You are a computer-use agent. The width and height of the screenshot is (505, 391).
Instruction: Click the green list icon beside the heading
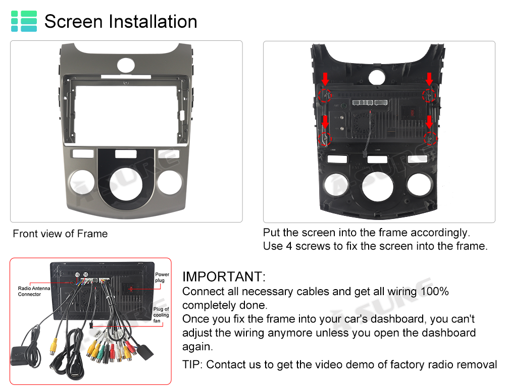coord(24,21)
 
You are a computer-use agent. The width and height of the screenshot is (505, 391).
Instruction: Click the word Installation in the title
coord(153,22)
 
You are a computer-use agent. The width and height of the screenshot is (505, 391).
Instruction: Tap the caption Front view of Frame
coord(60,233)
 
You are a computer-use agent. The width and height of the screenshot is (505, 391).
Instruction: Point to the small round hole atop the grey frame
coord(126,65)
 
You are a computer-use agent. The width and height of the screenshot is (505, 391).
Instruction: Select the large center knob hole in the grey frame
coord(126,184)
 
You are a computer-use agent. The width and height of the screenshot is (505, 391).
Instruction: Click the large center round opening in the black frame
coord(378,186)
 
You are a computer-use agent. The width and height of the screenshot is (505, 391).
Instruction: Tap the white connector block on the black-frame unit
coord(370,102)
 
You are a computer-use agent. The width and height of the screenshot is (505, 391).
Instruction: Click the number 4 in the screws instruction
coord(289,246)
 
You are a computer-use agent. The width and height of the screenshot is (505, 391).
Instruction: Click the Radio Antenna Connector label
coord(34,291)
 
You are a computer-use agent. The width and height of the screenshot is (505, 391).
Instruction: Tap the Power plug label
coord(162,277)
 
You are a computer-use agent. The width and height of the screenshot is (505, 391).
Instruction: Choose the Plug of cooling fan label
coord(161,315)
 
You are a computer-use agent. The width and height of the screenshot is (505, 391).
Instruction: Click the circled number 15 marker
coord(77,274)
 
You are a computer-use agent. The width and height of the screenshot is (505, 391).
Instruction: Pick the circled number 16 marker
coord(86,274)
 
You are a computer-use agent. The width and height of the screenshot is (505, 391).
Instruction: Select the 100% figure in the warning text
coord(435,291)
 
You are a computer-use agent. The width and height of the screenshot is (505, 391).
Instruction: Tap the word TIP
coord(191,365)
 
